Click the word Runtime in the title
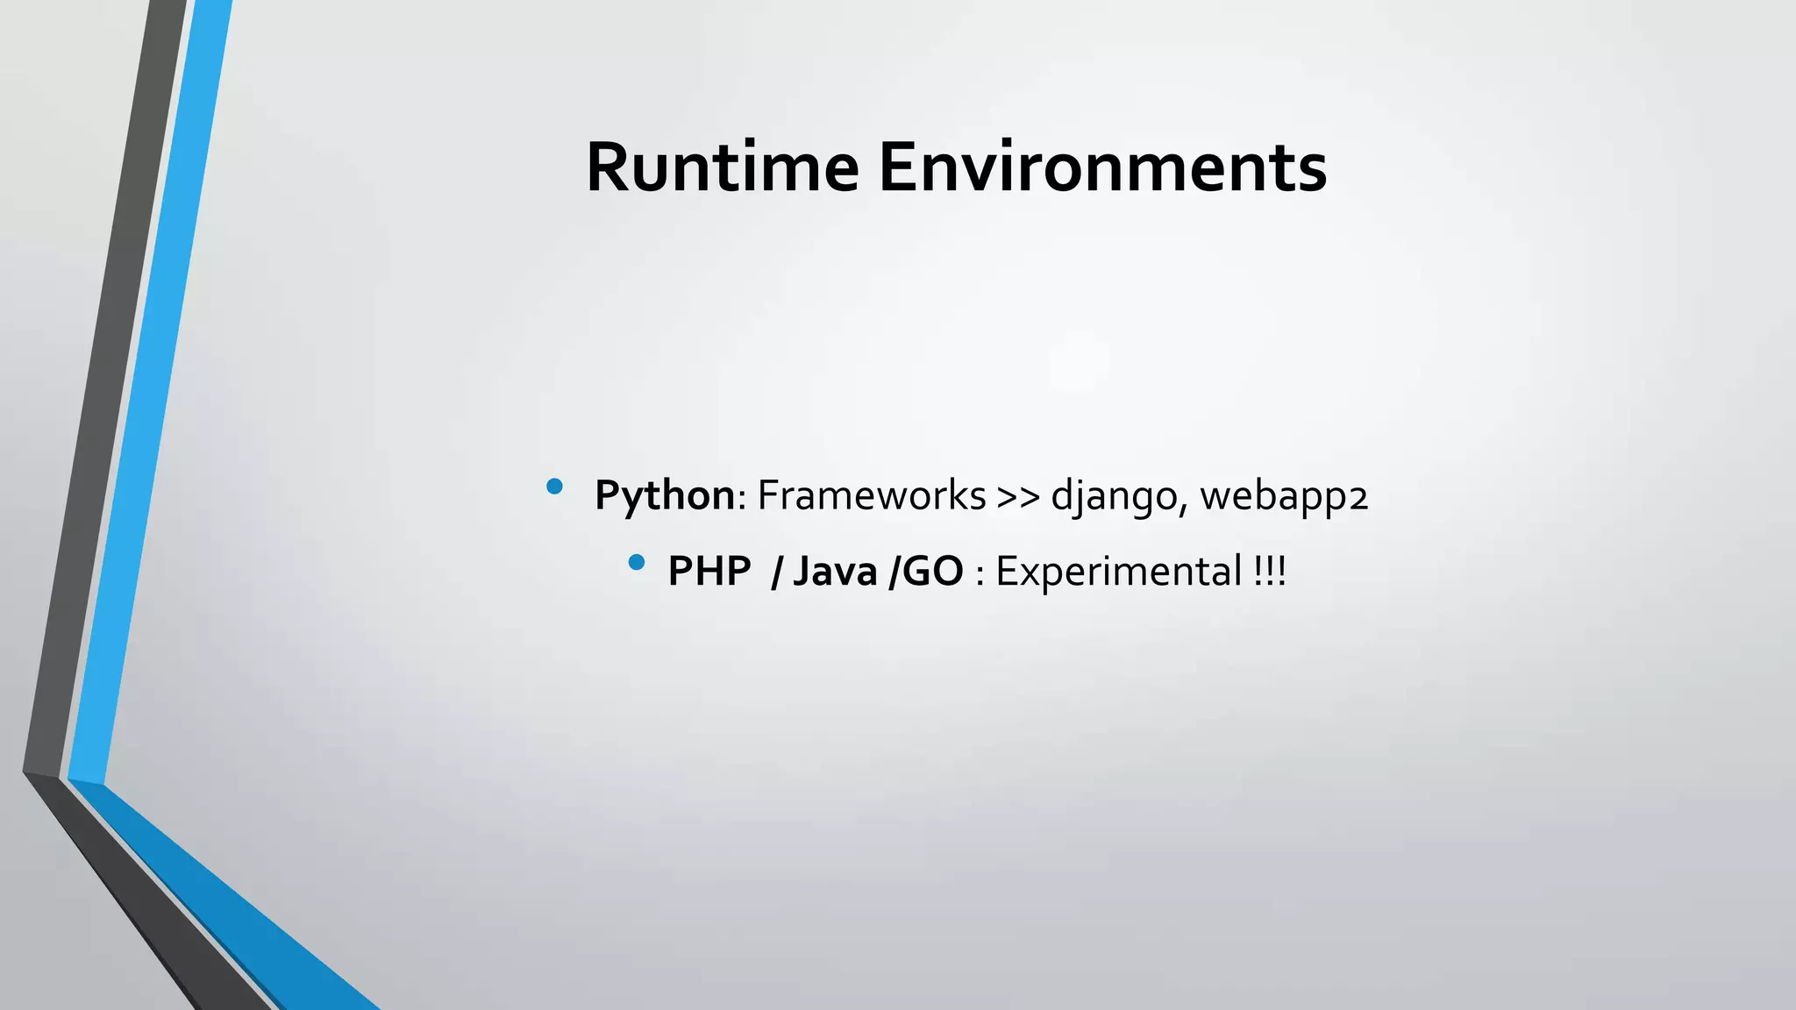point(722,167)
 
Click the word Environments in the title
point(1102,167)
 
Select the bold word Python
point(664,495)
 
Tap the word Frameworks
point(871,495)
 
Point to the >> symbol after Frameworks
point(1017,497)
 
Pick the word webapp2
point(1283,497)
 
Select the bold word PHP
point(709,572)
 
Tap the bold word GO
point(933,572)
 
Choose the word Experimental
point(1118,572)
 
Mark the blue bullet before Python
point(554,486)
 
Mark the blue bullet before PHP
point(637,562)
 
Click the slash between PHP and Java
point(775,572)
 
